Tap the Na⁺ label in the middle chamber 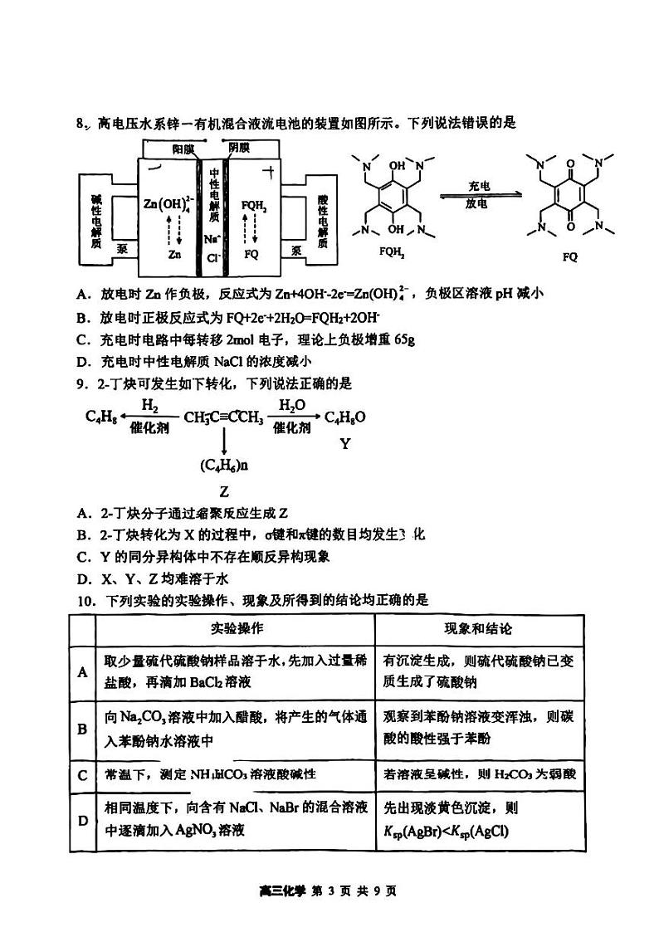pos(212,239)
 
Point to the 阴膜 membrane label pos(238,148)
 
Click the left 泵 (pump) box pos(123,247)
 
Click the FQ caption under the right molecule pos(569,256)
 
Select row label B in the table pos(82,729)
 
